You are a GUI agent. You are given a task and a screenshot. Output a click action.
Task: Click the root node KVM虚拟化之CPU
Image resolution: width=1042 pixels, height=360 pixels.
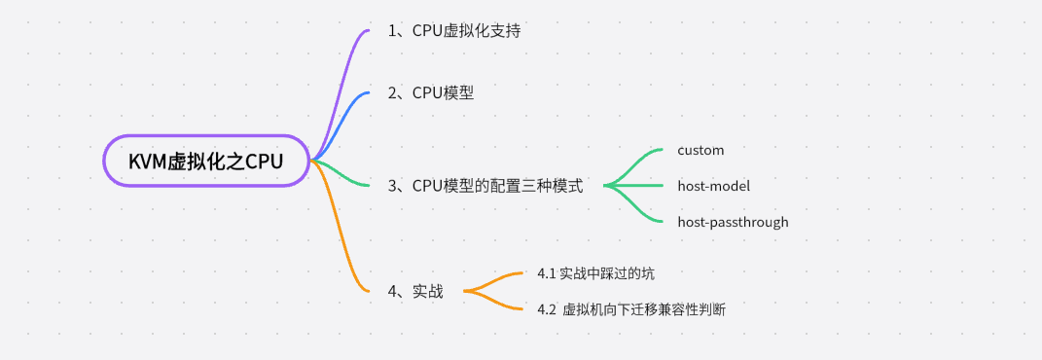point(205,162)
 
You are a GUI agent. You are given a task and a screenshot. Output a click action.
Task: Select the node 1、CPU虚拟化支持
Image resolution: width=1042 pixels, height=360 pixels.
point(454,30)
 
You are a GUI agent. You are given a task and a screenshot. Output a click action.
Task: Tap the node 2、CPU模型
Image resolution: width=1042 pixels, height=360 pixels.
point(431,92)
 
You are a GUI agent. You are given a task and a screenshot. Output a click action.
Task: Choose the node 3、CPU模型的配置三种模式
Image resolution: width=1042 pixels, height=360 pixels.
point(485,185)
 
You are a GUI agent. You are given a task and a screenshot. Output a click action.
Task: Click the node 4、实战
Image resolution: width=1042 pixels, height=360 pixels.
point(415,291)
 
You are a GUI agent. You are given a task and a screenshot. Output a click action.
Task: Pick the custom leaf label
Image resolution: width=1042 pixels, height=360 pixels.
point(701,151)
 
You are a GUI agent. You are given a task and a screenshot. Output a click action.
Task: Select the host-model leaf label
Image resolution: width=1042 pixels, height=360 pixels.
point(713,186)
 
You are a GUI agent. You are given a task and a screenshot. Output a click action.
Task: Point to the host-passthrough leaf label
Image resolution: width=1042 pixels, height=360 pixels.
point(733,222)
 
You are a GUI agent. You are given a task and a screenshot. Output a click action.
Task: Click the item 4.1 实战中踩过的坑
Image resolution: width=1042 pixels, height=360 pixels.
point(602,273)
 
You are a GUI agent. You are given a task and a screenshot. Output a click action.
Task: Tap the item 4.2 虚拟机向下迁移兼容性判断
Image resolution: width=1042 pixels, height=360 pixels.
point(631,309)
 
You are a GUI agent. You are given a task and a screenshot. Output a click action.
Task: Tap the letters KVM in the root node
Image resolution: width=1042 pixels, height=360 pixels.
point(147,162)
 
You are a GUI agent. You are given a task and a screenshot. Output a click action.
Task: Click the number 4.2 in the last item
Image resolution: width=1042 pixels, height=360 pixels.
point(547,309)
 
